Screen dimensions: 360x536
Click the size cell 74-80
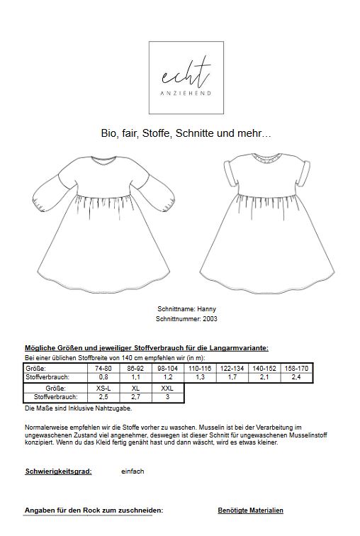click(x=101, y=369)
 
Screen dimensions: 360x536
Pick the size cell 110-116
click(x=199, y=369)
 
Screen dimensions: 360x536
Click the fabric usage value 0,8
click(x=101, y=378)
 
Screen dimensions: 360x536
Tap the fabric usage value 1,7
click(x=232, y=378)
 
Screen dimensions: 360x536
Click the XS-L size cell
click(x=101, y=389)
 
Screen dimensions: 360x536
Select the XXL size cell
click(x=167, y=389)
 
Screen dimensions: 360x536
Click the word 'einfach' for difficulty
click(x=133, y=471)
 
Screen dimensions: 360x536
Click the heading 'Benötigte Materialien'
click(x=250, y=510)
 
